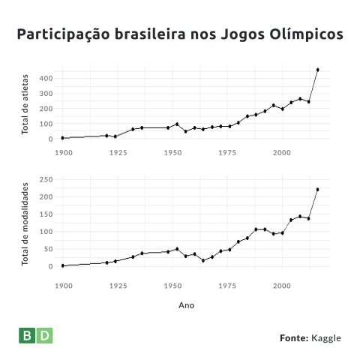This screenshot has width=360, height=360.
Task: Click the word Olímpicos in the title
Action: pos(306,34)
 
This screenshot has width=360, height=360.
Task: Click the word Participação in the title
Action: pos(64,34)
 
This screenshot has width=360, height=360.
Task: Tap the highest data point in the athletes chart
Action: pos(318,70)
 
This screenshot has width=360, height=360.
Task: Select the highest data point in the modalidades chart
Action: pos(318,190)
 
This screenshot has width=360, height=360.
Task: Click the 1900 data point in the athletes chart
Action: pos(62,138)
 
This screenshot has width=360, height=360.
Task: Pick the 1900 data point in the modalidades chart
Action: pos(63,265)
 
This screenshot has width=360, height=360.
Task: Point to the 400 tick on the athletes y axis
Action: pos(46,79)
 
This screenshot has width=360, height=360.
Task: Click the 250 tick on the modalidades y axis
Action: pos(46,179)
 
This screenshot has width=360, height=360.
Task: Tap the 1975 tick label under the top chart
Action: pos(227,152)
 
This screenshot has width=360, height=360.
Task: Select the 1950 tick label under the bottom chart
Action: pos(172,286)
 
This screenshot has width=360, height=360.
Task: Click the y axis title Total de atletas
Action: pos(25,104)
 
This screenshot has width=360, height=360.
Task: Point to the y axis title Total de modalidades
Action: pos(25,224)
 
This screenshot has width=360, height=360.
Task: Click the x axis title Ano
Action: pos(187,305)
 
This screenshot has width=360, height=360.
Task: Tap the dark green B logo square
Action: pos(27,335)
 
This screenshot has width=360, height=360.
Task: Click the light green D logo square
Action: pos(45,335)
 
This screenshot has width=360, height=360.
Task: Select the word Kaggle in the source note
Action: pos(326,338)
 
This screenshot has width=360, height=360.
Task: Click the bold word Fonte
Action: pos(294,338)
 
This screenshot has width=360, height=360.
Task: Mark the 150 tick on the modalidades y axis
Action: pos(46,214)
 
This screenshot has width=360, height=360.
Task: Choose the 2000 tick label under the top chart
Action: pos(282,152)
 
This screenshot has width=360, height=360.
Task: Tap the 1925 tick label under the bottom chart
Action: pos(118,286)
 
